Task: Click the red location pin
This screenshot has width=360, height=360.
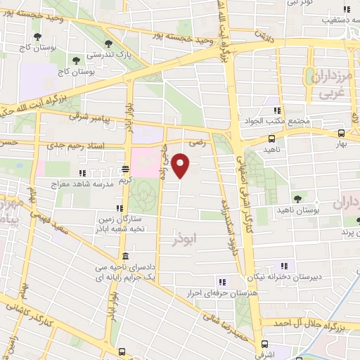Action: point(181,165)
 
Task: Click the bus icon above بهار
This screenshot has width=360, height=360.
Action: point(341,132)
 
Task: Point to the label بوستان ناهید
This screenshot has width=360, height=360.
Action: point(318,210)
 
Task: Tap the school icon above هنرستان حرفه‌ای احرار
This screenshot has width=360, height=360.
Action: point(223,283)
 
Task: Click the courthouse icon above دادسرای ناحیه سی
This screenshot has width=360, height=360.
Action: point(124,255)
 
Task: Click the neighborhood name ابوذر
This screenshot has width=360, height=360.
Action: point(184,240)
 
